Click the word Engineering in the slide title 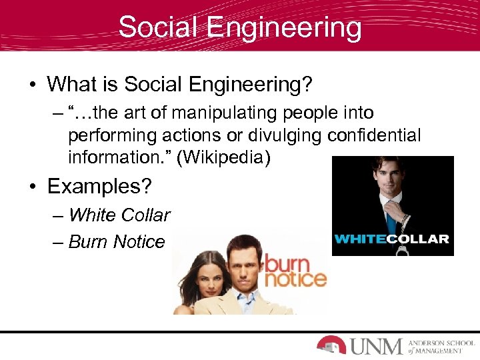285,28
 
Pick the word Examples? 99,187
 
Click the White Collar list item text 119,215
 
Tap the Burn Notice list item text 116,241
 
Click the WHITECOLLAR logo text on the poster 391,239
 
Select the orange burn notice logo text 296,271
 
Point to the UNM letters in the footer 376,345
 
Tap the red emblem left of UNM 331,344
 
